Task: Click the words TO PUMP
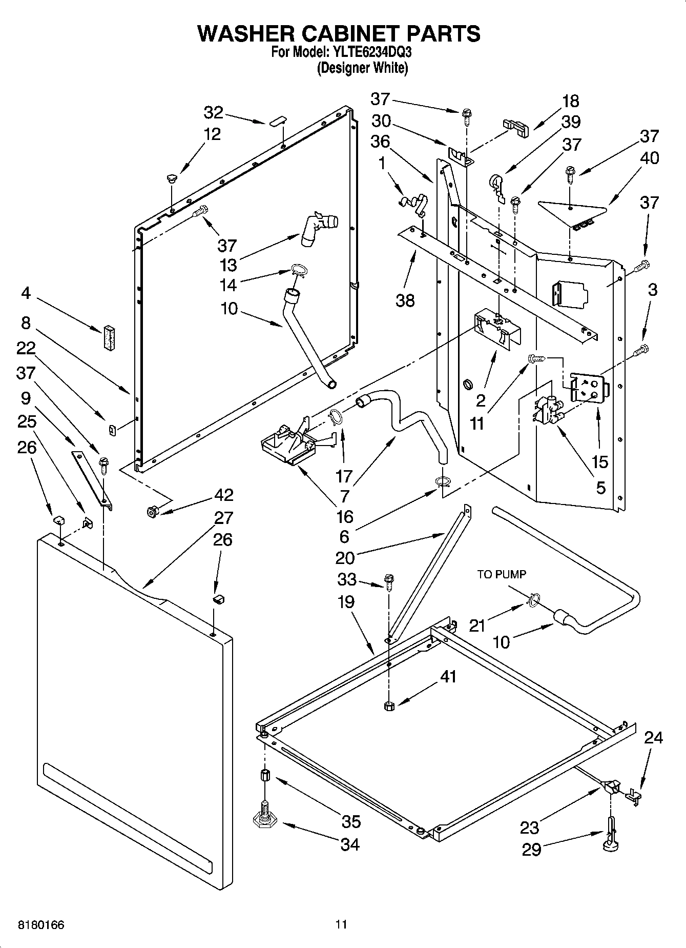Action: pyautogui.click(x=502, y=575)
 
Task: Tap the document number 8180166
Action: pyautogui.click(x=41, y=924)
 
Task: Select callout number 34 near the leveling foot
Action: pyautogui.click(x=350, y=844)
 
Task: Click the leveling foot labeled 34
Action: pyautogui.click(x=265, y=821)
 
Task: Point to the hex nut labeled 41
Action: pyautogui.click(x=388, y=706)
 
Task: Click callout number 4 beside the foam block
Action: pyautogui.click(x=26, y=294)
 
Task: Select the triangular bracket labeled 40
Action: pyautogui.click(x=572, y=211)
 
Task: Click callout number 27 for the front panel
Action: pyautogui.click(x=224, y=518)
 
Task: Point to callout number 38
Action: pyautogui.click(x=405, y=300)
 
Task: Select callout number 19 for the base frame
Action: pyautogui.click(x=346, y=601)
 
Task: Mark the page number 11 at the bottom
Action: pyautogui.click(x=341, y=924)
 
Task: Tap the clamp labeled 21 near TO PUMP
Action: pyautogui.click(x=533, y=600)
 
